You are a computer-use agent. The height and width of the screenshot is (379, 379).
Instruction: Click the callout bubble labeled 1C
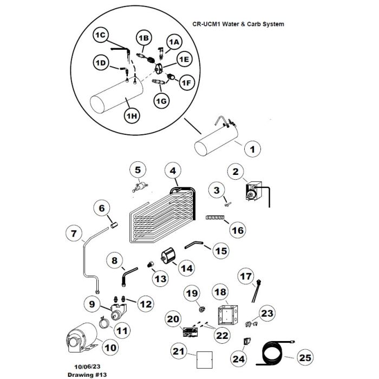point(101,35)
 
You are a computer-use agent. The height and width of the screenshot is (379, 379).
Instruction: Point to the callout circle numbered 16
point(238,231)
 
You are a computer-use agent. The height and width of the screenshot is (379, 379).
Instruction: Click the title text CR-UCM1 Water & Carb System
point(238,24)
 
